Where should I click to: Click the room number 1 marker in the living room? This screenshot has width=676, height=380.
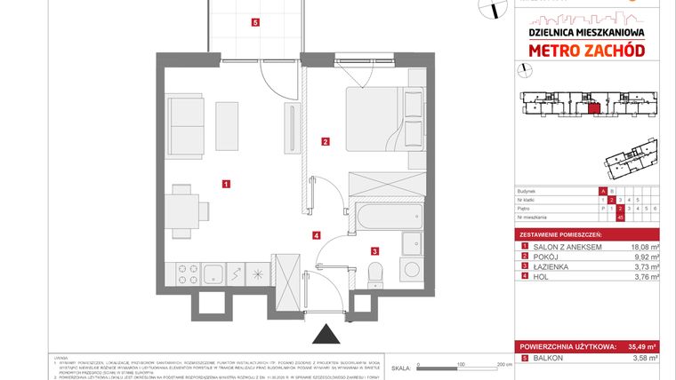point(227,184)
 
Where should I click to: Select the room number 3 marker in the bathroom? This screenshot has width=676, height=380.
point(375,251)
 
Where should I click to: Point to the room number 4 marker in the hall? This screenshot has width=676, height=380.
point(316,235)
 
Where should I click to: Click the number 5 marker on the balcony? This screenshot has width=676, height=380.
point(256,23)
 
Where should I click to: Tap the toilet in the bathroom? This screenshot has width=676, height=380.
point(375,271)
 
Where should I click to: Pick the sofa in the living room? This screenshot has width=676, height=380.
point(188,125)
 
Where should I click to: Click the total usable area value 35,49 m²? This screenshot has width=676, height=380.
point(638,346)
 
